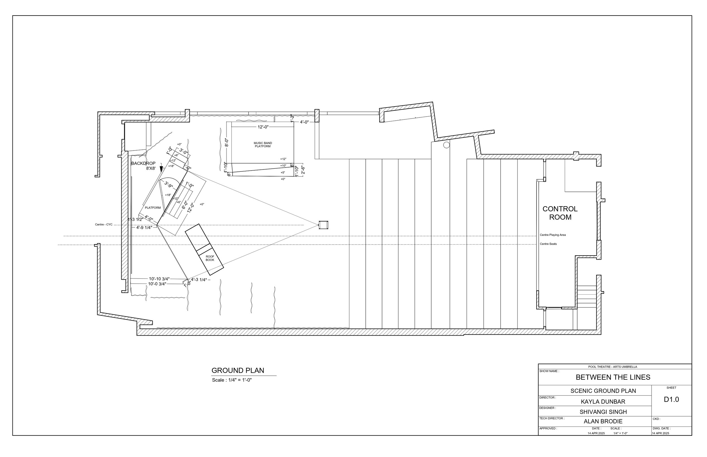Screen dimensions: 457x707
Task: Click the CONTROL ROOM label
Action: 560,213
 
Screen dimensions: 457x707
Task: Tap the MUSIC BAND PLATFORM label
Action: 263,145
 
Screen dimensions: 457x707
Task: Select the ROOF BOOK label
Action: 210,258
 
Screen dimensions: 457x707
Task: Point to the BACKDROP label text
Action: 143,164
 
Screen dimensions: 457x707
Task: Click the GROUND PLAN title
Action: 238,370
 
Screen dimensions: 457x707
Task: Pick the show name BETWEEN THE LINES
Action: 613,377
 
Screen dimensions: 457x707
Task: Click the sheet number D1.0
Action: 671,399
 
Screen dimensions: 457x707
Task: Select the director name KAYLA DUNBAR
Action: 603,402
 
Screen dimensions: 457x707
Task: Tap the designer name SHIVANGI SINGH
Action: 603,412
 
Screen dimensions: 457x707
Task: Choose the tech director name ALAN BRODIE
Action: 603,421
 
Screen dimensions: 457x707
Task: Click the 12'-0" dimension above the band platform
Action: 263,127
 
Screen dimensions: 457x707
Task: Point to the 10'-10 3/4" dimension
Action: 159,279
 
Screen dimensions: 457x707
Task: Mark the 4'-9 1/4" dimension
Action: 144,228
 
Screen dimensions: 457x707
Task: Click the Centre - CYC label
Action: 104,225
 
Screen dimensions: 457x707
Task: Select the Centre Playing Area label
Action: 553,235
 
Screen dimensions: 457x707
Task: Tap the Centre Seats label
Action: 548,244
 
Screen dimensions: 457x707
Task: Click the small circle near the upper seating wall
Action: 446,145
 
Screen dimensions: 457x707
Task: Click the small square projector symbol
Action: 323,225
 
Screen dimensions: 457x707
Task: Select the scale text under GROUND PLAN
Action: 232,380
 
